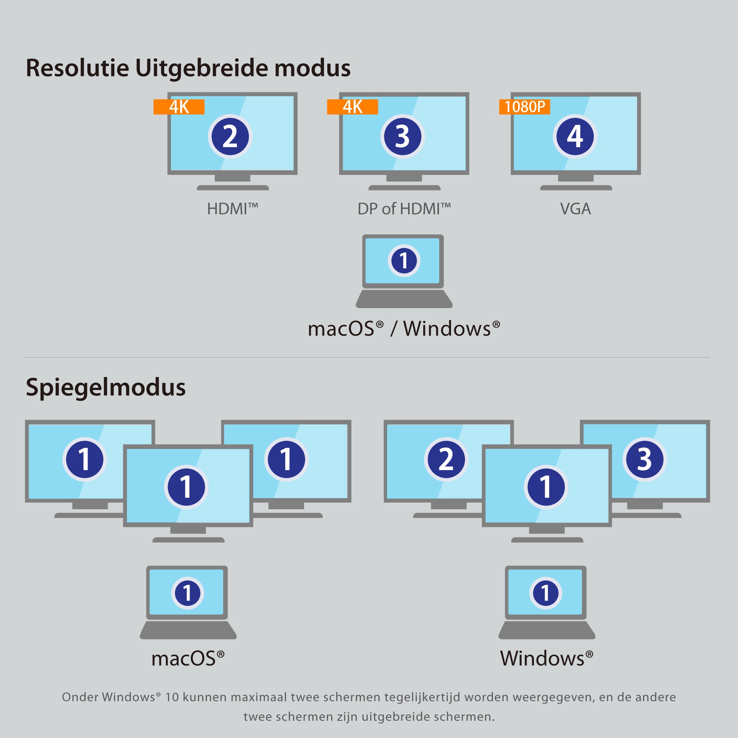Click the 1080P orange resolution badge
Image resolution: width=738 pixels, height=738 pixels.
point(524,107)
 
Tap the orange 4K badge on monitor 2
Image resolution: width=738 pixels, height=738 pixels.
point(179,107)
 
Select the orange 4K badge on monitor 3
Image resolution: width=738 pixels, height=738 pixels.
point(352,107)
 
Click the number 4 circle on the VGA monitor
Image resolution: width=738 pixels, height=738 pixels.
point(575,137)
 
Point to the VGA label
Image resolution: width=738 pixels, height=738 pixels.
point(575,209)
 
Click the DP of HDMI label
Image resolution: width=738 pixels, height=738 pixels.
point(404,209)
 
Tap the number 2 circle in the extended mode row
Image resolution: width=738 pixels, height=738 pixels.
point(230,137)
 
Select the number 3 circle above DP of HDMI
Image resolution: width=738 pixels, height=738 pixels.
point(403,137)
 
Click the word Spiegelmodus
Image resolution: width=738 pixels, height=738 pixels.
point(106,387)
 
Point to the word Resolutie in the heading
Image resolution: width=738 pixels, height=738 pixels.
point(77,68)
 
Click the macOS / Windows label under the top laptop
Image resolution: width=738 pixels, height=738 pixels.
point(404,328)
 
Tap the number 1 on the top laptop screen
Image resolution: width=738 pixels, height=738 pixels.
point(404,261)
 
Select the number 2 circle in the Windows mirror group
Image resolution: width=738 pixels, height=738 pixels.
point(446,459)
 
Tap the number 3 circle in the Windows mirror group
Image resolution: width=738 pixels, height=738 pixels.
point(645,459)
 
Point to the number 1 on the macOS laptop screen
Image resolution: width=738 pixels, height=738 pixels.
point(187,593)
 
